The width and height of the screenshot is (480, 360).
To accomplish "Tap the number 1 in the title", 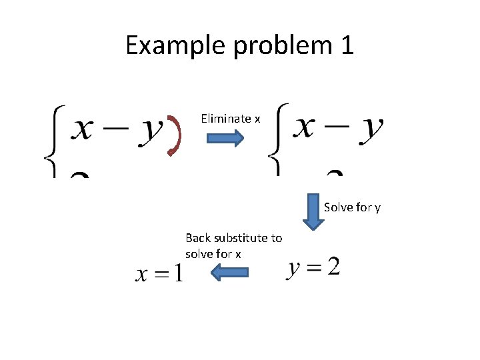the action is [x=345, y=45].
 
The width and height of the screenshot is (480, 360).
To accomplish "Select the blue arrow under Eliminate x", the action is [x=226, y=138].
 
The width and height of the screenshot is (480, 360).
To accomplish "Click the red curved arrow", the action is [x=175, y=137].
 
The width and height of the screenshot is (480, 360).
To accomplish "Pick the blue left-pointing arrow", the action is [x=229, y=272].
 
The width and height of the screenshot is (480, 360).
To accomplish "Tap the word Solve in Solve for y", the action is [x=337, y=207].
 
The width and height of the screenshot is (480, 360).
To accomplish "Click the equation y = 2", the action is [x=313, y=268].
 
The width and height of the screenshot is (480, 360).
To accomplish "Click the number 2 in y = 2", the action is [x=333, y=267].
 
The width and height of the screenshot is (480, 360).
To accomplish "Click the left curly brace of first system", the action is [x=51, y=140].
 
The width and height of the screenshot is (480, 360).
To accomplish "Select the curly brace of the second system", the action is [x=275, y=140].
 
